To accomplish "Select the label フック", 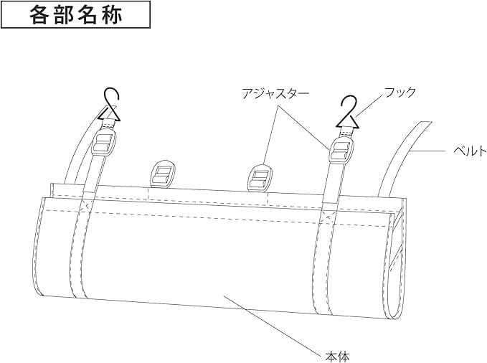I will pos(399,93).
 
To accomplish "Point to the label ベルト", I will pos(470,151).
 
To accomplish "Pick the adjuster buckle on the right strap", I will pos(340,152).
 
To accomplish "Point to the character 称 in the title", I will pos(112,15).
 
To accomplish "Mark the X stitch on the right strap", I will pos(327,212).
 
